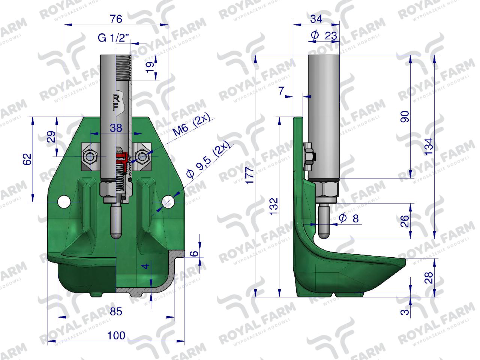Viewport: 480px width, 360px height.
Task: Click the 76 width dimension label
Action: [x=116, y=19]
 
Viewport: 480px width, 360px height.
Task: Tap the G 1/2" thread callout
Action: [x=114, y=38]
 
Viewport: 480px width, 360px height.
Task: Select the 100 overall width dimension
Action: [x=116, y=336]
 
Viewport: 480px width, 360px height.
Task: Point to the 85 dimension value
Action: [x=116, y=312]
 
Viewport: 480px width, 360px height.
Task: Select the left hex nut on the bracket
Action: [x=90, y=156]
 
